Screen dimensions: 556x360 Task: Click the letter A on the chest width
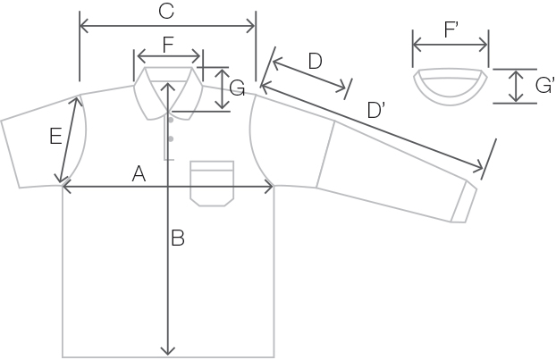[x=139, y=174]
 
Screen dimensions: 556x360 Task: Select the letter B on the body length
[x=178, y=238]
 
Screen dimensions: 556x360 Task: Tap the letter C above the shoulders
[x=166, y=11]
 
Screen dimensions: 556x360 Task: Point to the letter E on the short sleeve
[x=55, y=137]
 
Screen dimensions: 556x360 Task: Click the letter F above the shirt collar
[x=168, y=45]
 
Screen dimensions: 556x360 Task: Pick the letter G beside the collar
[x=237, y=88]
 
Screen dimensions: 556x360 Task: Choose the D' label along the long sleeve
[x=376, y=110]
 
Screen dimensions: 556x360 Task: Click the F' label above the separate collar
[x=451, y=29]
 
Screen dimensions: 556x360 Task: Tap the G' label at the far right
[x=545, y=86]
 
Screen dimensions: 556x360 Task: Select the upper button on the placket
[x=171, y=120]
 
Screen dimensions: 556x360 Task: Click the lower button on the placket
[x=171, y=138]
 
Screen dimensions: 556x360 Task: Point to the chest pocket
[x=212, y=183]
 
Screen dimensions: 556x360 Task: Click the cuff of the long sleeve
[x=464, y=202]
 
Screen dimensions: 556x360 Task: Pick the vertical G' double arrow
[x=516, y=86]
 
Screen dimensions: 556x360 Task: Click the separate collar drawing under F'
[x=451, y=87]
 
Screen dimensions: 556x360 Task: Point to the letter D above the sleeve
[x=316, y=61]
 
